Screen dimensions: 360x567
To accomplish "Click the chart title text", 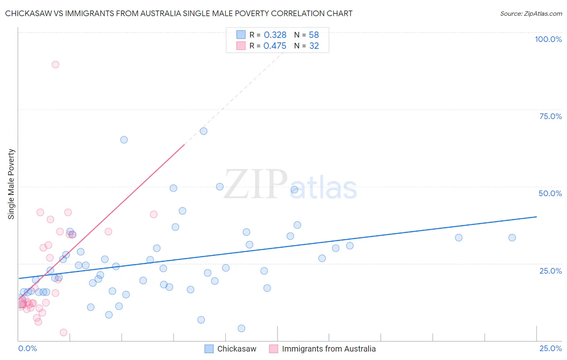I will (179, 13).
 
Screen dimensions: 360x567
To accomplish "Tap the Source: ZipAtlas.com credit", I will (531, 13).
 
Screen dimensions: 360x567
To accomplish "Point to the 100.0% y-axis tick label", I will (548, 39).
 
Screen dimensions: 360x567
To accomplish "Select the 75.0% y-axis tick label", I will (550, 116).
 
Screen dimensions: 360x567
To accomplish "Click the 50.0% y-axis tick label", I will (550, 193).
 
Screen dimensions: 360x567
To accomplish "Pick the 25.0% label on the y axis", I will (550, 271).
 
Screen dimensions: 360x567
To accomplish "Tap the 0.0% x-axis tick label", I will (27, 348).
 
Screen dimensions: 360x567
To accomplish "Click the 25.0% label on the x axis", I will (550, 348).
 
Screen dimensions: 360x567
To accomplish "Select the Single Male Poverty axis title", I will (11, 184).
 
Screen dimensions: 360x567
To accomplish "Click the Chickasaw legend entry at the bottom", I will (237, 349).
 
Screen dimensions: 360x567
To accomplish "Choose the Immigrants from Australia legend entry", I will (329, 349).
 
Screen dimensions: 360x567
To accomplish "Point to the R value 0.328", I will (275, 35).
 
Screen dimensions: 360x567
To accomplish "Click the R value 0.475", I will (275, 46).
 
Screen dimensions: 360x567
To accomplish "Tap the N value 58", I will (314, 35).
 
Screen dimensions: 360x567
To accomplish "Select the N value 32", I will (314, 46).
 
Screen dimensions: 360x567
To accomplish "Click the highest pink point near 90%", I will (55, 65).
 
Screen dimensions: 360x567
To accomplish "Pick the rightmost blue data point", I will (512, 238).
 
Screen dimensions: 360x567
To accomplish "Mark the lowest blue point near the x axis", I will (242, 329).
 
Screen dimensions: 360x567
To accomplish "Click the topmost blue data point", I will (204, 131).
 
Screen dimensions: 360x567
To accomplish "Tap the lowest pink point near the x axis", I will (63, 333).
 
